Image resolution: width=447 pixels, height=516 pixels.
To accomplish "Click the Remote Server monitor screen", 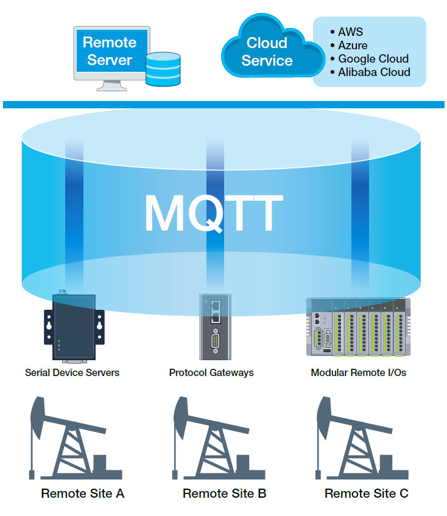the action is coord(111,51).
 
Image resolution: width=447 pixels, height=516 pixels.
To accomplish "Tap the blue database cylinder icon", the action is coord(163,69).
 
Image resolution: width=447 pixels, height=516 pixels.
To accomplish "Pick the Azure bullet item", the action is coord(349,46).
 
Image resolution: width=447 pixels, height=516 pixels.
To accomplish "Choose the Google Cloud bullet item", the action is coord(369,58).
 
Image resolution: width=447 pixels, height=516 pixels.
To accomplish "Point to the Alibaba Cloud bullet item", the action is coord(370,72).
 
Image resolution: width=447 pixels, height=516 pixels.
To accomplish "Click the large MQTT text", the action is coord(214,213).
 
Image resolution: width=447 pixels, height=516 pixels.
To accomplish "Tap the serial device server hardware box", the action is coord(74,327).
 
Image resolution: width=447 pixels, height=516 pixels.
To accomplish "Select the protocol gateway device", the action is coord(216,327).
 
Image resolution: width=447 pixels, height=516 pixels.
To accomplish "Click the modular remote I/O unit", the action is coord(358,327).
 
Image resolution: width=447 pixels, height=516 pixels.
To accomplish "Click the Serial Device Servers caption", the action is coord(72,372).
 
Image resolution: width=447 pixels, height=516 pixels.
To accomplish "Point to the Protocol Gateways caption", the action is coord(211,372).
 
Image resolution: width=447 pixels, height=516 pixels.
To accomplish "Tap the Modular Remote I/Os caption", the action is coord(358,372).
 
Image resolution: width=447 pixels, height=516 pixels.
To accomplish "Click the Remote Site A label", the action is coord(83,493).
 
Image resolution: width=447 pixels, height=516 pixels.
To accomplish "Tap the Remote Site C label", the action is coord(366,493).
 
